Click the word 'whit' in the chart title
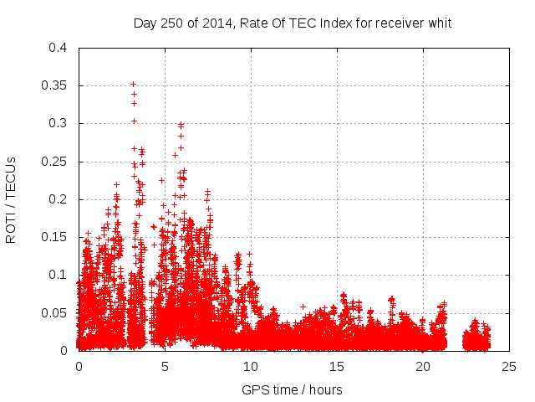tap(439, 23)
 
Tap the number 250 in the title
tap(169, 23)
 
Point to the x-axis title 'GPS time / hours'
tap(292, 390)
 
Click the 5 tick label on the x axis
tap(165, 366)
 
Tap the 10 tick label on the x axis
tap(251, 366)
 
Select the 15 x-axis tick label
tap(337, 366)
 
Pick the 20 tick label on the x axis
tap(423, 366)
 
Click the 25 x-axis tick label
tap(509, 366)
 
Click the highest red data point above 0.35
tap(133, 84)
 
